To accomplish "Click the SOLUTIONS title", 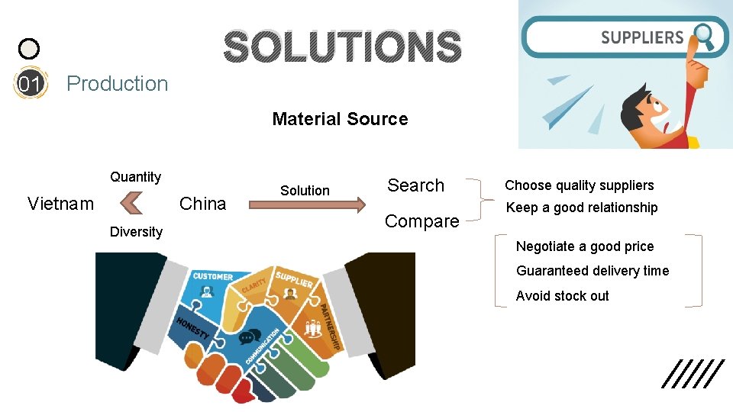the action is tap(342, 47).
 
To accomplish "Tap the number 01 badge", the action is tap(29, 84).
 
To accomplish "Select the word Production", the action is tap(117, 84).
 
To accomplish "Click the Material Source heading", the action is tap(340, 119).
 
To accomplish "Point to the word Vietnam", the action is tap(60, 204).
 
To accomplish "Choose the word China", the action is tap(202, 204).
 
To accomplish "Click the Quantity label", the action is tap(135, 177).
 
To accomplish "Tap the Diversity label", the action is tap(136, 232).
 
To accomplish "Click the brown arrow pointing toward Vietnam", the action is tap(131, 204).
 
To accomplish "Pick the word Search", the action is tap(415, 185).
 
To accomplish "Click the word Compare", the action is tap(421, 221).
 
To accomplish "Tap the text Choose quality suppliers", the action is tap(579, 185).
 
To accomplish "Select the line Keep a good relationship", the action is tap(581, 208).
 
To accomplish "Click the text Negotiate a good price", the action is tap(584, 246).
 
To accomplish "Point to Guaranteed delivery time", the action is tap(592, 271).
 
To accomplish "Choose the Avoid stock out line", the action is tap(562, 296).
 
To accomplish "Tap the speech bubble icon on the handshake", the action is tap(250, 337).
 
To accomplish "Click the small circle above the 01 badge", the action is tap(28, 50).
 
